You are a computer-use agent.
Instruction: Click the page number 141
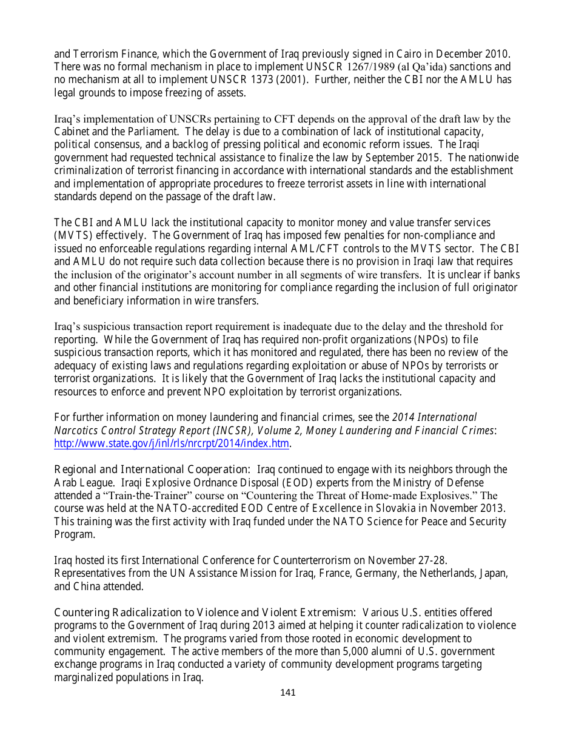click(x=288, y=693)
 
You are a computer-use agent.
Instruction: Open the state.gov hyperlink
click(x=172, y=443)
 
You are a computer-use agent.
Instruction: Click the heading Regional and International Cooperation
click(x=152, y=469)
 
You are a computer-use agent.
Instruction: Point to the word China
click(x=88, y=586)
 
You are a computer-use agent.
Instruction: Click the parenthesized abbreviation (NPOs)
click(x=428, y=340)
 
